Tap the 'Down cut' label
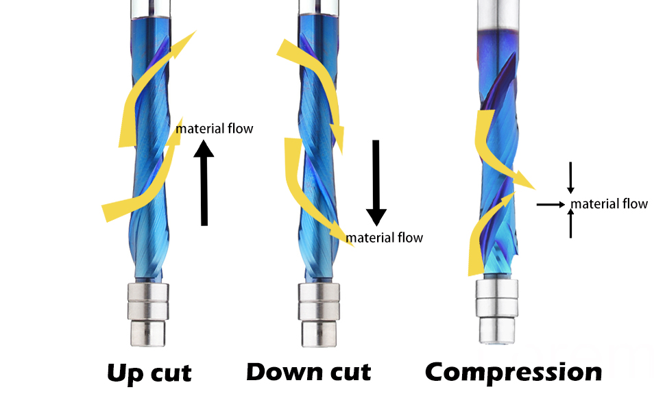[309, 372]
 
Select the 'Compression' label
[513, 373]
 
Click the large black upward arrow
[204, 183]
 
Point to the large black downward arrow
[376, 183]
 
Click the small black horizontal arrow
[551, 205]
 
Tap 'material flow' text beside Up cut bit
[215, 128]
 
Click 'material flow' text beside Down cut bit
[384, 238]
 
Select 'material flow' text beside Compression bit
[609, 204]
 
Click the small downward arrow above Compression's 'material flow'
[571, 177]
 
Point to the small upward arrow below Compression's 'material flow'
[571, 223]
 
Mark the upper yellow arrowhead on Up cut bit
[184, 44]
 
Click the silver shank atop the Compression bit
[498, 15]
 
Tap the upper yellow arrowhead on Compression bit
[524, 179]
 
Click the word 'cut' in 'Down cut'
[350, 373]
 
